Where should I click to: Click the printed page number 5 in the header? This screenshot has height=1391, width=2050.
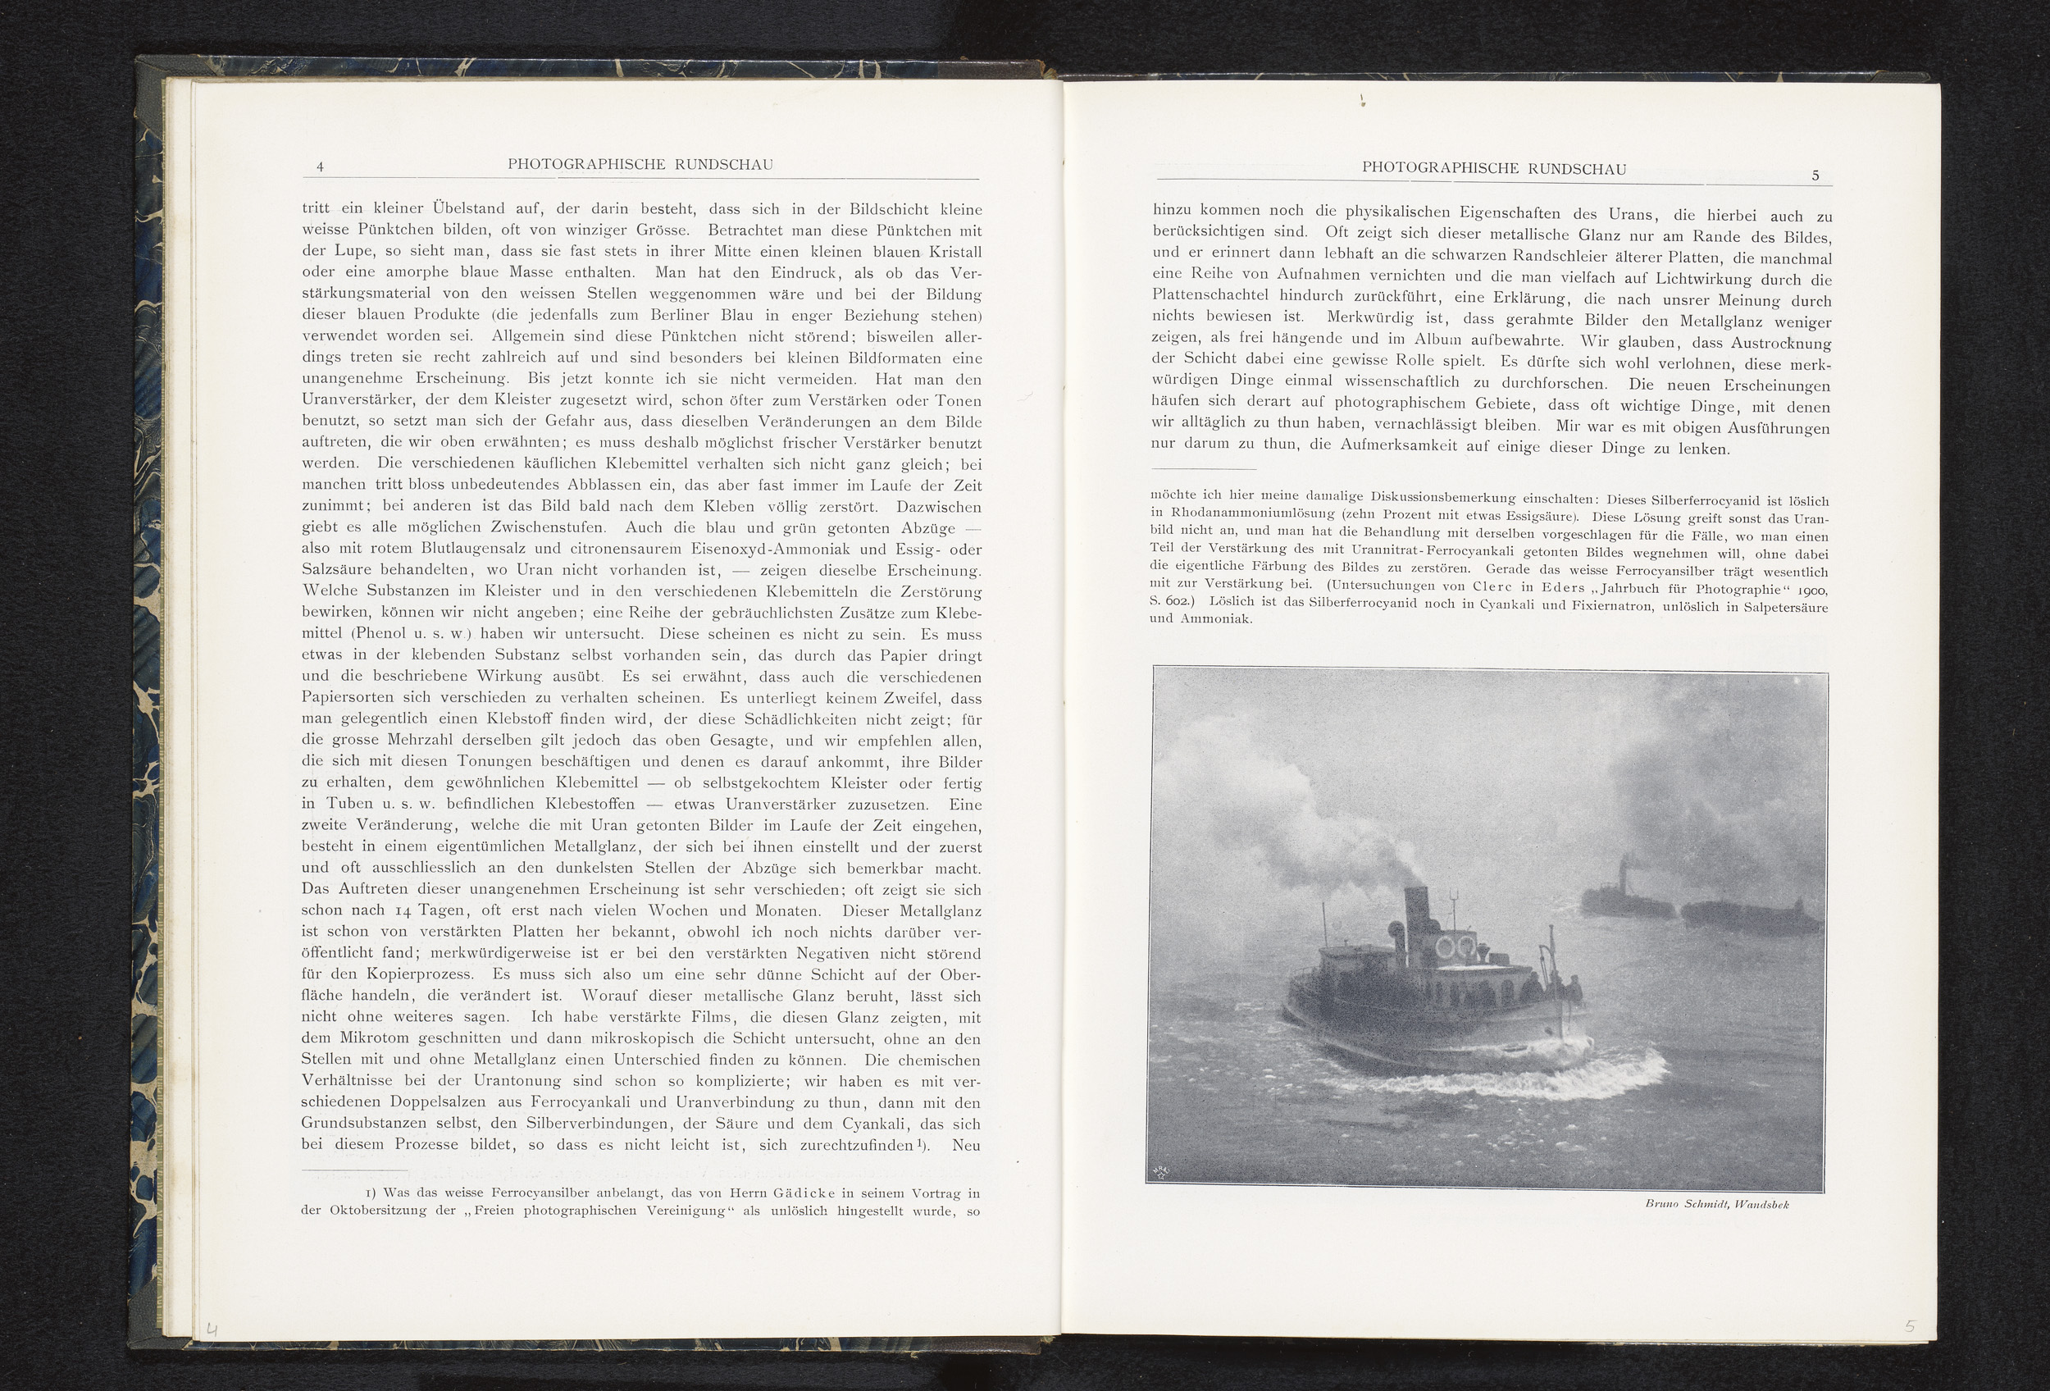click(x=1815, y=176)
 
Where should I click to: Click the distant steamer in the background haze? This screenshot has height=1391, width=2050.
click(x=1609, y=895)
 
